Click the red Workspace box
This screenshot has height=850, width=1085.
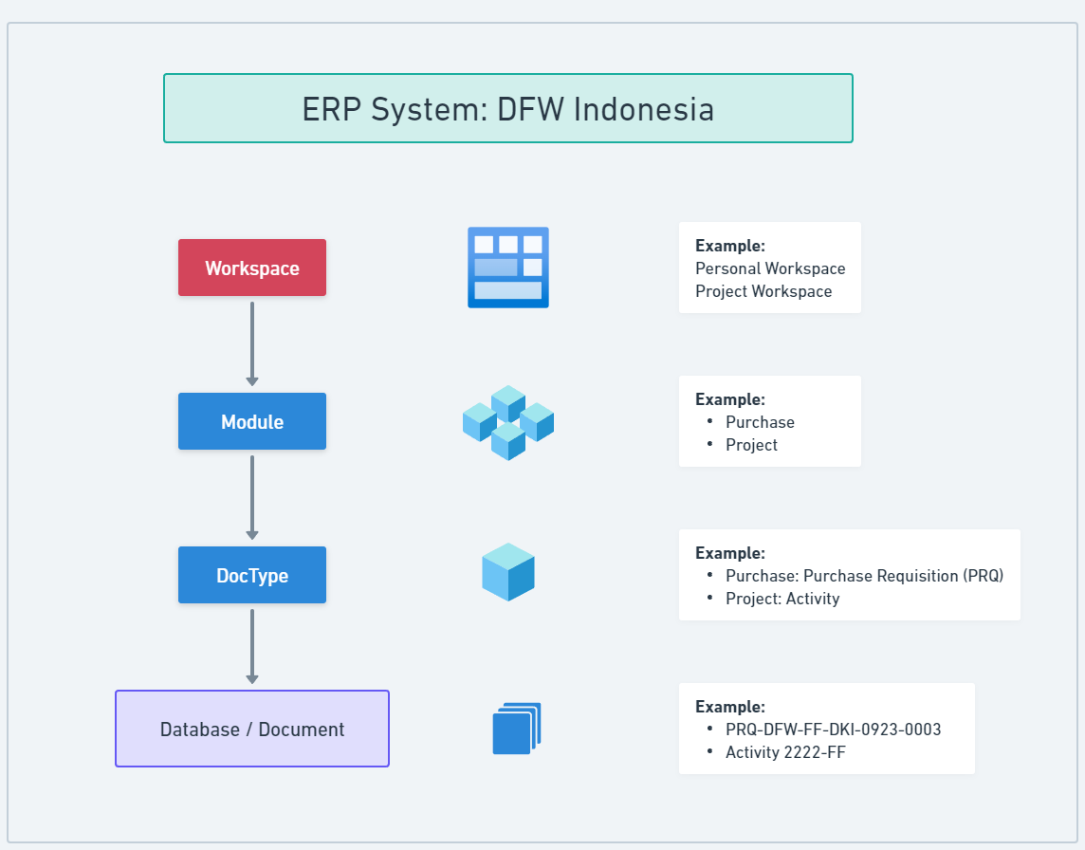point(252,268)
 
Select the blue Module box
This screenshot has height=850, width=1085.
point(252,422)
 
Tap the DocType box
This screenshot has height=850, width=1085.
point(252,576)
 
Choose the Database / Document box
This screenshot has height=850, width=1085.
point(252,730)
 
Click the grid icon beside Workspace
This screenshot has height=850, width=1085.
point(508,268)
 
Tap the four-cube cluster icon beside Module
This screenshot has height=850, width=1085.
point(508,422)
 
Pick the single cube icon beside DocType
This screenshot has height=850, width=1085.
point(508,572)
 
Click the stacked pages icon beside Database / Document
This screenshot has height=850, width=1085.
point(516,729)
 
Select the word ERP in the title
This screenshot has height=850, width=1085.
point(332,109)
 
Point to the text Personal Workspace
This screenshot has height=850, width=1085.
point(770,268)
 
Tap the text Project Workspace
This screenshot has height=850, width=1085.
point(763,291)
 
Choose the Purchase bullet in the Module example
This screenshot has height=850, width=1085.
point(760,422)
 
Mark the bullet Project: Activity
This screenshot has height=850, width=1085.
point(782,599)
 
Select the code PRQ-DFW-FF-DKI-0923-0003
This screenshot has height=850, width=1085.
point(833,730)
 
